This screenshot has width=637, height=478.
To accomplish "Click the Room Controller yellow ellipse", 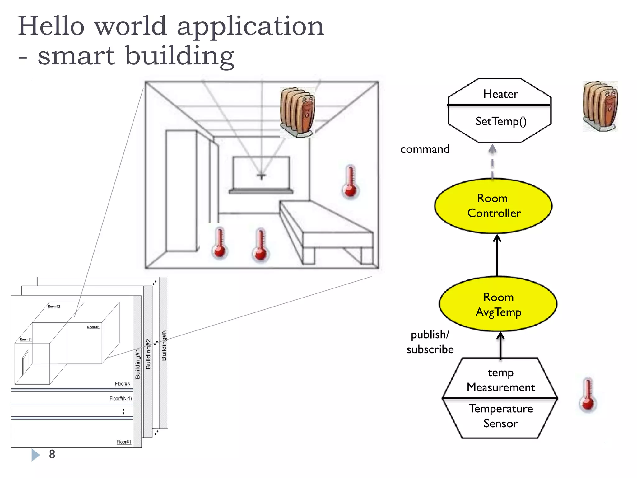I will (x=493, y=206).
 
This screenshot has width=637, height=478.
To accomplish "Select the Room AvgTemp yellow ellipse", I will (x=498, y=304).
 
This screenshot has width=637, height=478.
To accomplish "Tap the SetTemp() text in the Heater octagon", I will (x=501, y=121).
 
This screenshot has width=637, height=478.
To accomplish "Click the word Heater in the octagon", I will (x=500, y=94).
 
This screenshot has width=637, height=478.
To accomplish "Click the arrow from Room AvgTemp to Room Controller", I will (x=497, y=255).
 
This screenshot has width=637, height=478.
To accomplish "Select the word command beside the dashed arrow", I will (x=425, y=149).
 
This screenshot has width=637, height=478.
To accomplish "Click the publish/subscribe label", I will (x=430, y=342).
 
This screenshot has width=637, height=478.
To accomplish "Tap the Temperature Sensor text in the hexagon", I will (x=500, y=416).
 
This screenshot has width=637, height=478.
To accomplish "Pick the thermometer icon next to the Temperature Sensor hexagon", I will (x=588, y=395).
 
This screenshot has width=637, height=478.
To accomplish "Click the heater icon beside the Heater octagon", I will (x=600, y=106).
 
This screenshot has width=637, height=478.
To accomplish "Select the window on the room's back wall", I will (x=261, y=173).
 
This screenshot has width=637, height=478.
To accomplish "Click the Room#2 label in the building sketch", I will (x=54, y=307).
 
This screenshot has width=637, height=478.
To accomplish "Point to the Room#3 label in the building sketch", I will (x=93, y=327).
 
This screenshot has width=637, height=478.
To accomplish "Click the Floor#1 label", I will (x=123, y=442).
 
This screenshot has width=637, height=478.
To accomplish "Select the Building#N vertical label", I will (x=164, y=345).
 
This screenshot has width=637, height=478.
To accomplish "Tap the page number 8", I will (x=52, y=454).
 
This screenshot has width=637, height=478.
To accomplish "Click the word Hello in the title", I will (x=51, y=26).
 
